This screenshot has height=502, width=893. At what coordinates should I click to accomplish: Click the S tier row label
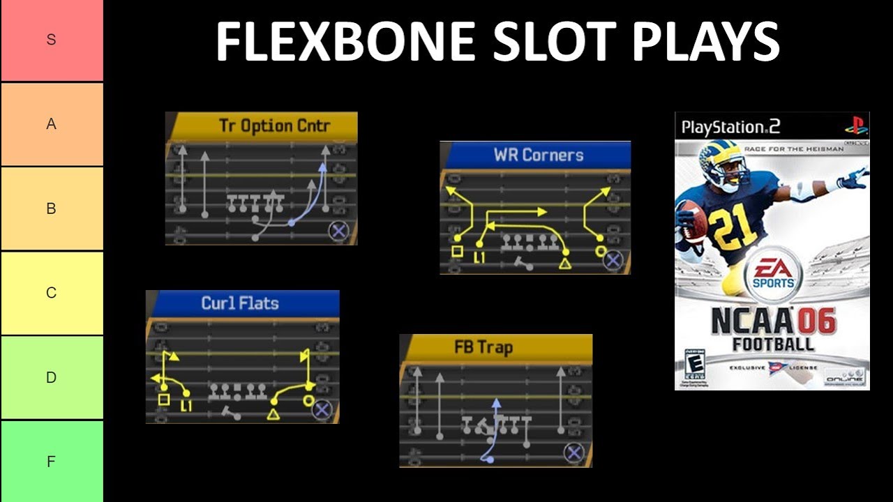[x=51, y=40]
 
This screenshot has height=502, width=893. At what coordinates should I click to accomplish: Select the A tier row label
[x=51, y=124]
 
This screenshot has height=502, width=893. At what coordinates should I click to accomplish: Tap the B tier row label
[x=51, y=208]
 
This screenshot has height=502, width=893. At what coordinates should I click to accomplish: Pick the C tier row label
[x=51, y=293]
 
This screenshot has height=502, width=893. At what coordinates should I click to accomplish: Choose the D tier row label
[x=51, y=377]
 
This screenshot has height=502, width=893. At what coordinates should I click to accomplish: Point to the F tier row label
[x=51, y=462]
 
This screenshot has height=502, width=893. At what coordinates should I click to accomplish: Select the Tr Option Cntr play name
[x=274, y=126]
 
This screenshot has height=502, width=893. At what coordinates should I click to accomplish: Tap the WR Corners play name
[x=538, y=155]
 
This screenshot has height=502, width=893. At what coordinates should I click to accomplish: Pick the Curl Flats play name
[x=240, y=303]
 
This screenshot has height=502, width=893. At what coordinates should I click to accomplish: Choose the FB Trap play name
[x=483, y=347]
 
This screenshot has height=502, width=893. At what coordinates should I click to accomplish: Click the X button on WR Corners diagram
[x=613, y=260]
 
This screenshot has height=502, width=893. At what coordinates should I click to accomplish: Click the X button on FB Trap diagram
[x=573, y=453]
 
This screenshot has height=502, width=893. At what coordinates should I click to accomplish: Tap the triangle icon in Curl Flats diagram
[x=273, y=415]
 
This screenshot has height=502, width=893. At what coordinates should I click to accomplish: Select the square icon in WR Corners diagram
[x=457, y=252]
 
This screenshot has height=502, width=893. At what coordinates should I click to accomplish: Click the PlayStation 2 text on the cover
[x=730, y=127]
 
